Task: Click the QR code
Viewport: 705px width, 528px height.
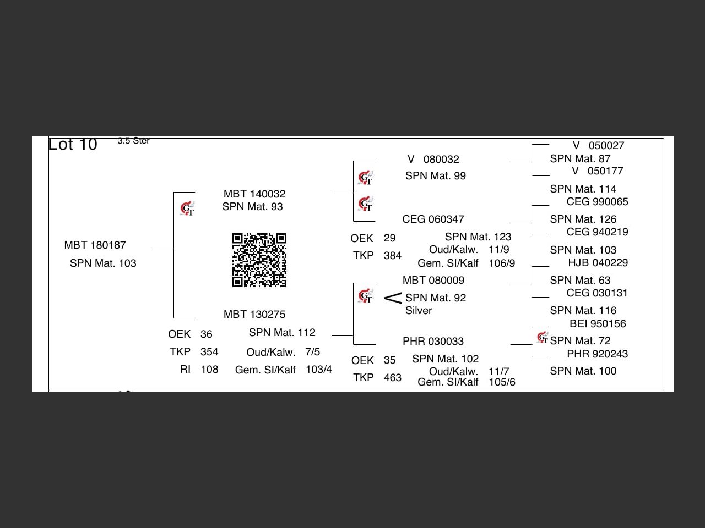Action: coord(259,260)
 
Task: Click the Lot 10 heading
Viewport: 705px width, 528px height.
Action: coord(73,144)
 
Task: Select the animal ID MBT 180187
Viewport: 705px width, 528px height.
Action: coord(95,245)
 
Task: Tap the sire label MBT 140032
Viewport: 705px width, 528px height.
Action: coord(254,194)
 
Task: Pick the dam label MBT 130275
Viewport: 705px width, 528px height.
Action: coord(254,315)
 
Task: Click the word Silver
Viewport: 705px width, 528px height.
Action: coord(419,311)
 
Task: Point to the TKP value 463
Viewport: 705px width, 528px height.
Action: coord(392,378)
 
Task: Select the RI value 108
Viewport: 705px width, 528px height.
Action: coord(209,370)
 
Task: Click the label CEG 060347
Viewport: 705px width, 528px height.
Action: coord(433,219)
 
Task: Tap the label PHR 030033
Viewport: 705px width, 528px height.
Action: coord(433,342)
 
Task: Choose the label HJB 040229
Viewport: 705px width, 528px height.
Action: coord(598,263)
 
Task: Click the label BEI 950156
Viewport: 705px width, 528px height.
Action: coord(598,324)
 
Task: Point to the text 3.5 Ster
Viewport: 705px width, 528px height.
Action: coord(133,141)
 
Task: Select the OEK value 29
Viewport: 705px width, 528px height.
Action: coord(389,238)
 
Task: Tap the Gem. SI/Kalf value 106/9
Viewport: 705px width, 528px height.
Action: coord(502,263)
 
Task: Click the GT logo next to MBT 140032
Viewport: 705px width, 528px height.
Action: coord(187,209)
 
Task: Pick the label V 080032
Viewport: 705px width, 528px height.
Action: coord(433,159)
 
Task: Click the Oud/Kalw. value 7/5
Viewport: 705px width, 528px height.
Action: coord(312,352)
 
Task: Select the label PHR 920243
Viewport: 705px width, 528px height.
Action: coord(598,354)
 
